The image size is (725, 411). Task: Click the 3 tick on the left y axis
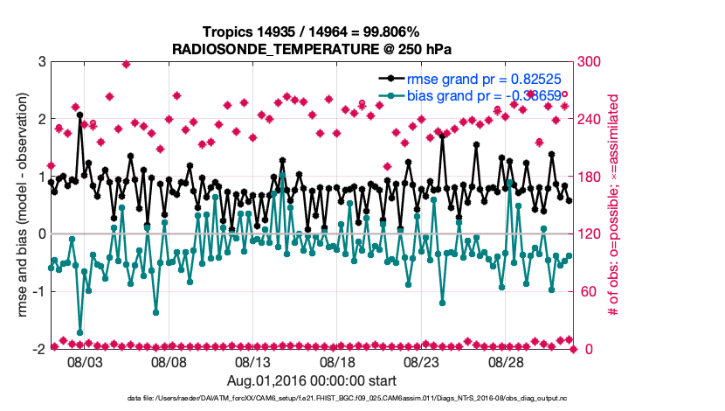point(41,62)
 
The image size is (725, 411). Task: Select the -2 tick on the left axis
point(38,349)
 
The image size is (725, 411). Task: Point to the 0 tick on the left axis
point(41,234)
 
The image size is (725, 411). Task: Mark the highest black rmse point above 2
point(79,115)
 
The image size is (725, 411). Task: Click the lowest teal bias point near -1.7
point(79,332)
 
